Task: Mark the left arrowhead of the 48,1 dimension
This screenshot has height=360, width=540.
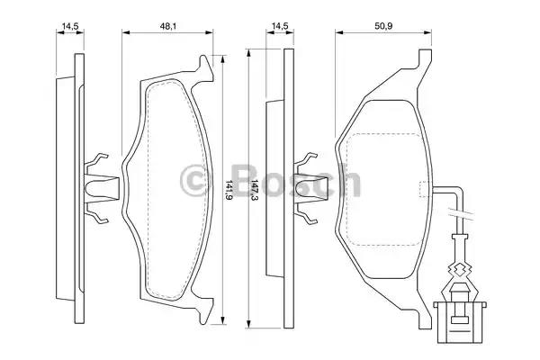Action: point(124,33)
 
